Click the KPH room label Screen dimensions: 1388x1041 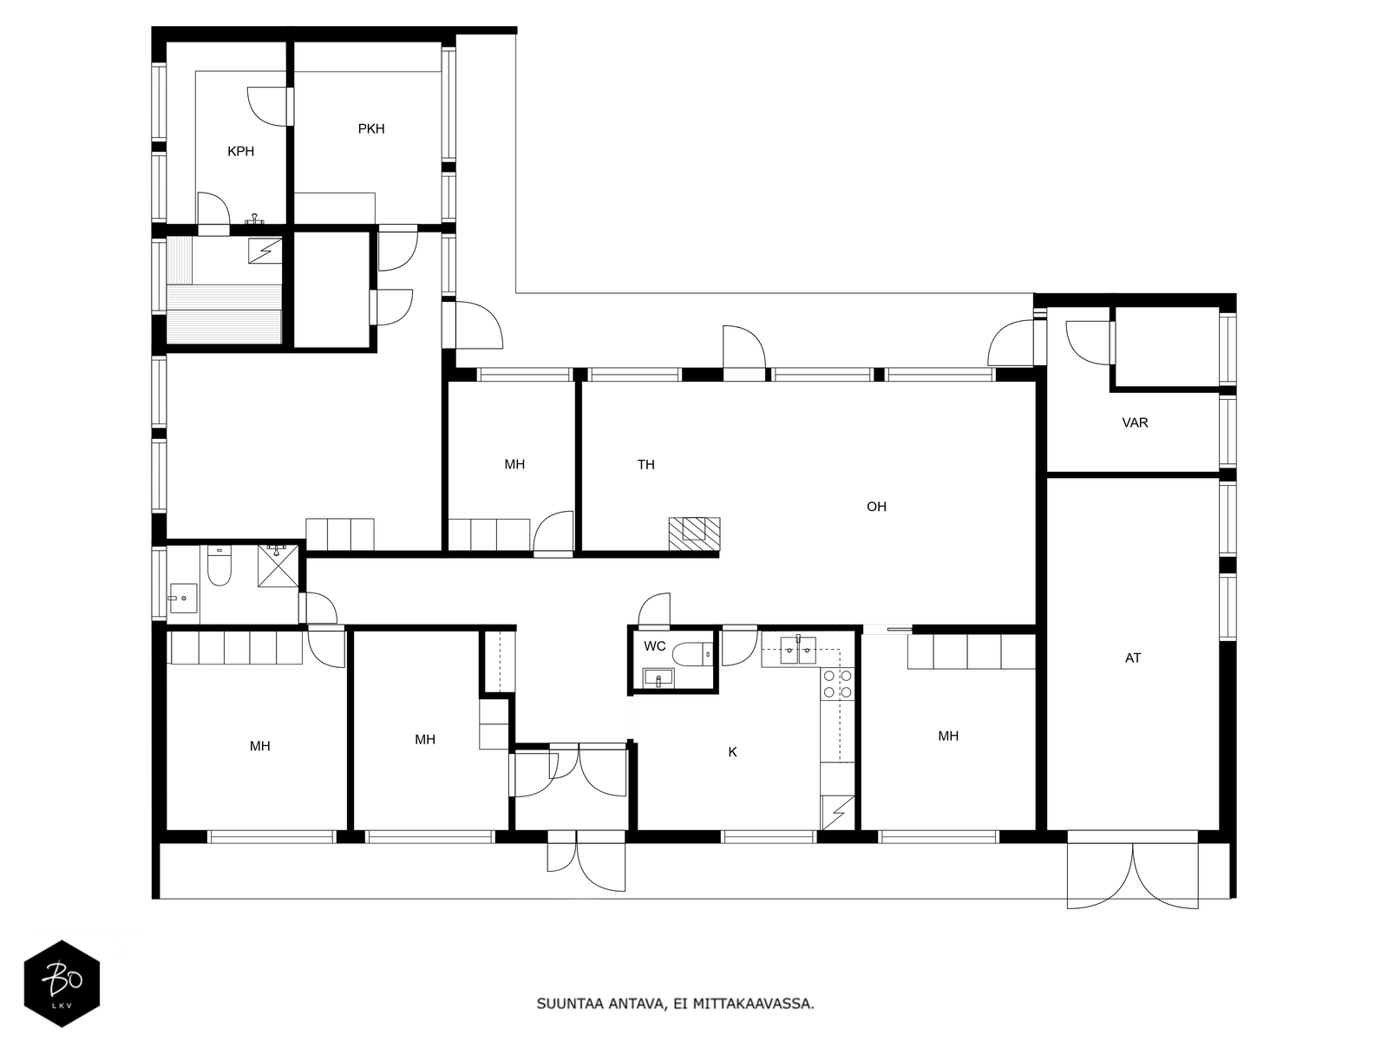(x=240, y=151)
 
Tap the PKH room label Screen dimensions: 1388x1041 (x=371, y=129)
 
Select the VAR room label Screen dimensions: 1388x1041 (x=1135, y=422)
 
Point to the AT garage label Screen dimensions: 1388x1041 (x=1133, y=658)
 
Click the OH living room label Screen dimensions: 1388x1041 (x=876, y=507)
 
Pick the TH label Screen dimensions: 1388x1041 (x=645, y=465)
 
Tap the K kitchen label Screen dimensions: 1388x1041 (x=732, y=752)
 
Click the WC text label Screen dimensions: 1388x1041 (x=654, y=646)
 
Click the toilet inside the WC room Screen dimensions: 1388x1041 (x=691, y=654)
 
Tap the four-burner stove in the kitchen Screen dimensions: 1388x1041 (x=837, y=684)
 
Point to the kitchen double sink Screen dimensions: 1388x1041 (x=799, y=649)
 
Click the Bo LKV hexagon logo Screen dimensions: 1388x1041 (x=62, y=983)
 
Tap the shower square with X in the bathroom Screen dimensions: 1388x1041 (x=278, y=566)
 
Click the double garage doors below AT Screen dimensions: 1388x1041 (x=1133, y=870)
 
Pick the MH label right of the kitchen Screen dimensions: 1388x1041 (x=948, y=736)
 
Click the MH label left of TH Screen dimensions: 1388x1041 (x=514, y=465)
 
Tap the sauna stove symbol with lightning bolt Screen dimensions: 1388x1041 (x=265, y=251)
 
